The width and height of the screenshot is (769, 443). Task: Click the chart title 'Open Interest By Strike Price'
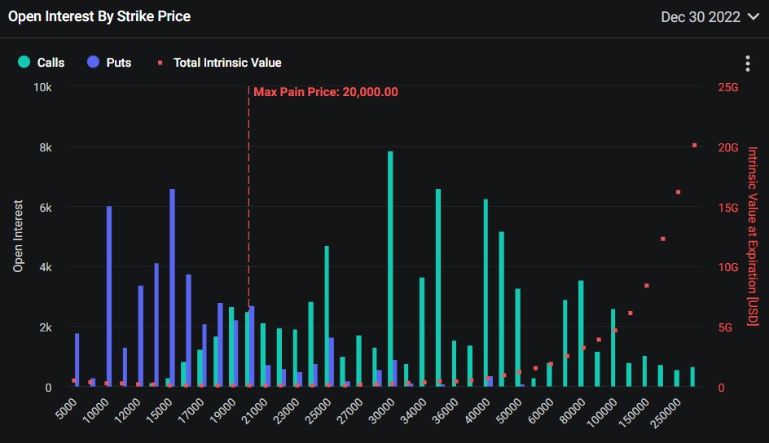point(99,16)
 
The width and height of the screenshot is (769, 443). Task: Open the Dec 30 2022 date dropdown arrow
point(753,16)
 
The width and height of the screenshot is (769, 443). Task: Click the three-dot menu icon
point(748,64)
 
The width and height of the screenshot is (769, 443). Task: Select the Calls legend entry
point(42,62)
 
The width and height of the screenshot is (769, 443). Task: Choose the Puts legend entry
point(109,62)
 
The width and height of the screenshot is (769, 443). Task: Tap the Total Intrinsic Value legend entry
point(219,63)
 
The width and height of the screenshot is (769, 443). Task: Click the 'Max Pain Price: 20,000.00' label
point(326,92)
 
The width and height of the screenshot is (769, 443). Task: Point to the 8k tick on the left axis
point(46,147)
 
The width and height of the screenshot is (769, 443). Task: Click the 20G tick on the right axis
point(727,147)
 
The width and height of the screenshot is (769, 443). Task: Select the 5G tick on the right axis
point(725,327)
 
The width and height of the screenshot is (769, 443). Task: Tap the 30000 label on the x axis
point(381,410)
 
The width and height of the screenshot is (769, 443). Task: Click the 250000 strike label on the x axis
point(666,413)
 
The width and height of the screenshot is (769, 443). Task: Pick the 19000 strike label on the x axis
point(222,410)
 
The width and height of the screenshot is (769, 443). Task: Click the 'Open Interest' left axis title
point(18,235)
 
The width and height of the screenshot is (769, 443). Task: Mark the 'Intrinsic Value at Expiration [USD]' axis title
point(753,236)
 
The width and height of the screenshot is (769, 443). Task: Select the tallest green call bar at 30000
point(390,269)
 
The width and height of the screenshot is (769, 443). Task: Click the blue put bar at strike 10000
point(109,296)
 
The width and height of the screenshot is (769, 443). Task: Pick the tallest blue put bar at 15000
point(172,288)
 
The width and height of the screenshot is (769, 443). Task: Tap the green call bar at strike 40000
point(486,293)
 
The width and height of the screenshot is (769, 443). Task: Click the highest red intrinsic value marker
point(694,145)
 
